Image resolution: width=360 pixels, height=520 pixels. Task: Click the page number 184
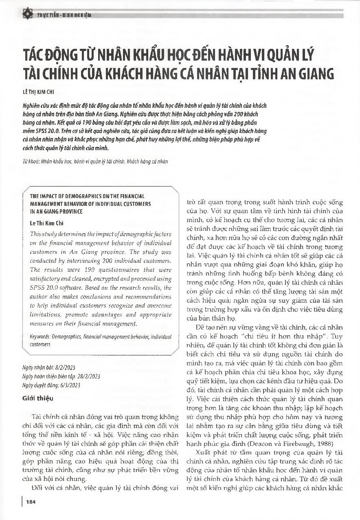[x=31, y=501]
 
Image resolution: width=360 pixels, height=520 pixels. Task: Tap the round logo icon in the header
[x=27, y=15]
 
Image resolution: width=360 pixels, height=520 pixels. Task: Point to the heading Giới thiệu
[x=38, y=398]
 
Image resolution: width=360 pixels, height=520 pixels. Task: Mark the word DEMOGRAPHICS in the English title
[x=77, y=196]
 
